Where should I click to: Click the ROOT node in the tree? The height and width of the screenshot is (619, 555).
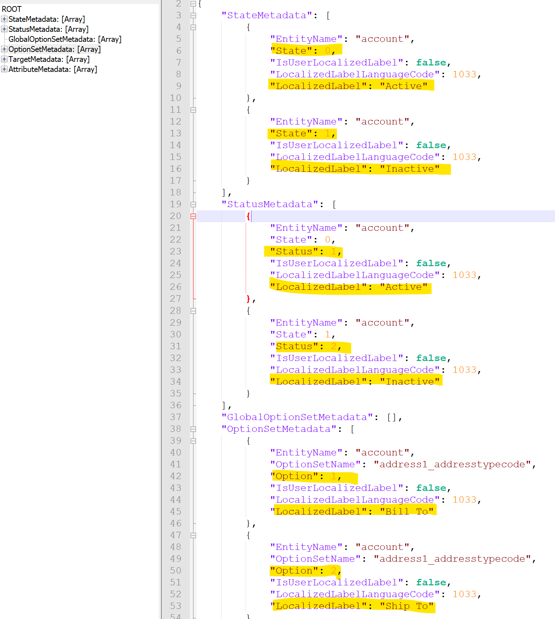(11, 9)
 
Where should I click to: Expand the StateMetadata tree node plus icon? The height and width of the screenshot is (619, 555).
(4, 19)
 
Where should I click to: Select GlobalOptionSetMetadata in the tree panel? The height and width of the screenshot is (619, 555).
(65, 39)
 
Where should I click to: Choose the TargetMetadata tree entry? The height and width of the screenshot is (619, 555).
(49, 59)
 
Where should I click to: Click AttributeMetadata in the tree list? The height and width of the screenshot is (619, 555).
(53, 69)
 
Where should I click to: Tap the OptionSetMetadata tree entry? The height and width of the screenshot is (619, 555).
(54, 49)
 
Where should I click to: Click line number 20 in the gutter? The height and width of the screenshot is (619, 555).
(175, 216)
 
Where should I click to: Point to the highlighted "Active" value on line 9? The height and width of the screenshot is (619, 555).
(404, 86)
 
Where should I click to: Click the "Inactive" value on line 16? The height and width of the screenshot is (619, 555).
(410, 169)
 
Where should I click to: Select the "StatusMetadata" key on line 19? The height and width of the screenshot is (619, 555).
(270, 204)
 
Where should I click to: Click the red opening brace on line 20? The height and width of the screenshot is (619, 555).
(248, 216)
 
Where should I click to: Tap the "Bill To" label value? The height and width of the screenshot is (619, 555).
(407, 512)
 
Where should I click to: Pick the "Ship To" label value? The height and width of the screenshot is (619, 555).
(407, 606)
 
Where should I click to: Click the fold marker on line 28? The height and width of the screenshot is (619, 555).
(193, 311)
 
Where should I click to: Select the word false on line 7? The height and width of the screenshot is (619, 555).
(431, 63)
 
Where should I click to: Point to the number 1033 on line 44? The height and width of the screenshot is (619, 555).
(465, 500)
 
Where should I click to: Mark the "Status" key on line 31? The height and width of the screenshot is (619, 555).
(294, 346)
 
